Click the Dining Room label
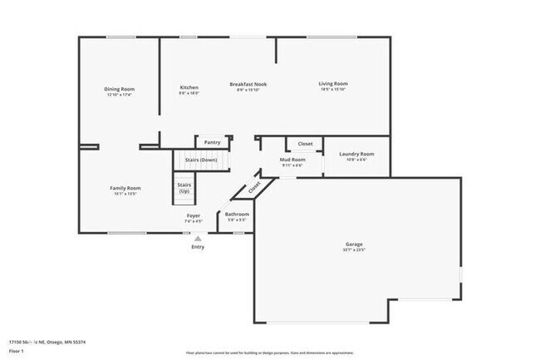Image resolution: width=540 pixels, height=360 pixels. tap(120, 89)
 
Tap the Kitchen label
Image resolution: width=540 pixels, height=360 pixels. tap(189, 87)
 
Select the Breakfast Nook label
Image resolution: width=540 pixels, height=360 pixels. tap(248, 84)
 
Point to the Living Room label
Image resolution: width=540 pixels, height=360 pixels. tap(333, 84)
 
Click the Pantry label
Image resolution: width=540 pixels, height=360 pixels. tap(212, 142)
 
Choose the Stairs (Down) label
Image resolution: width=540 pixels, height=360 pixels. tap(202, 160)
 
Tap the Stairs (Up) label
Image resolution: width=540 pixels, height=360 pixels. tap(184, 189)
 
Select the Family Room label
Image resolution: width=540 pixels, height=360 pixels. tap(125, 188)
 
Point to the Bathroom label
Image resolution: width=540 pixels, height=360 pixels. tap(237, 215)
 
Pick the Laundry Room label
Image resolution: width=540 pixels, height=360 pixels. tap(356, 154)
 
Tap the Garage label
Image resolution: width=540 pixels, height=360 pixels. tap(354, 244)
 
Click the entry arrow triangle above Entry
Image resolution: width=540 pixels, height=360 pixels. tap(198, 238)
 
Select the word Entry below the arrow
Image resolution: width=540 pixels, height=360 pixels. tap(198, 247)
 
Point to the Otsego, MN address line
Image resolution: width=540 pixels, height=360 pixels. tap(47, 342)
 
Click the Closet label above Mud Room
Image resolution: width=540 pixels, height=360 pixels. tap(305, 143)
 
